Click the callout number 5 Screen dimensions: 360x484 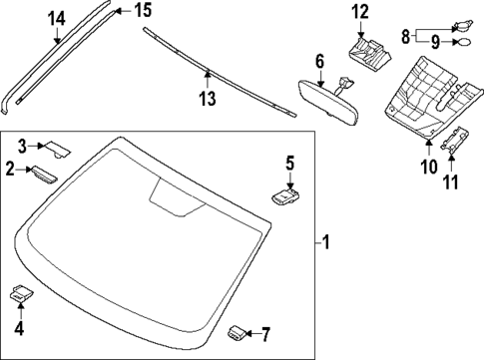pyautogui.click(x=289, y=163)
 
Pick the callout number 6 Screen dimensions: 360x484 pyautogui.click(x=320, y=61)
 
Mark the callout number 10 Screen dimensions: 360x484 pyautogui.click(x=429, y=168)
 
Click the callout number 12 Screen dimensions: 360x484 pyautogui.click(x=359, y=12)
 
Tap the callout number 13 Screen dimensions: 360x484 pyautogui.click(x=208, y=98)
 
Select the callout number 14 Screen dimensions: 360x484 pyautogui.click(x=57, y=17)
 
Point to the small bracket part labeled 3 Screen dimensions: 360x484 pyautogui.click(x=59, y=149)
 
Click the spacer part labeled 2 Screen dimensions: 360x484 pyautogui.click(x=44, y=173)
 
